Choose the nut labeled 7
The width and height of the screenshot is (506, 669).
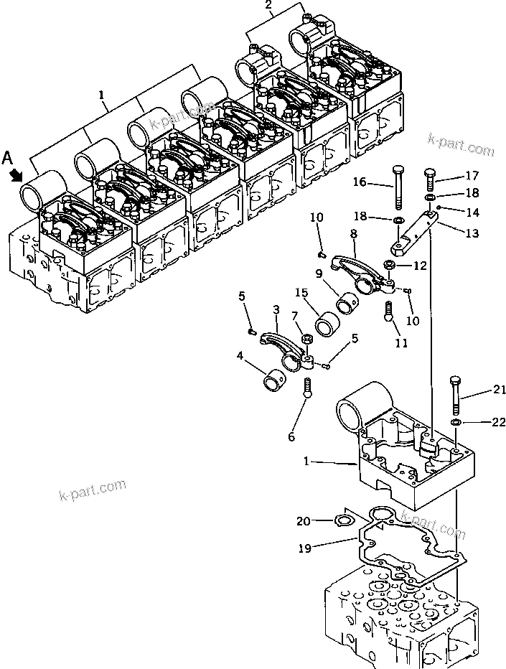(x=306, y=339)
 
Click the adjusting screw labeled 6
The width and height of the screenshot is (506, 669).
(x=309, y=388)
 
